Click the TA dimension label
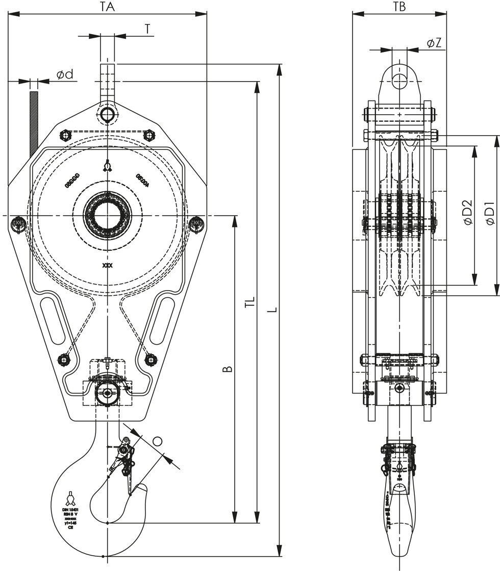pos(107,7)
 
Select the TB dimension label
pos(399,7)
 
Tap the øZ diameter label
pos(434,43)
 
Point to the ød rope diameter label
pos(65,74)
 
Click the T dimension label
pos(147,29)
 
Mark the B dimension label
pos(228,368)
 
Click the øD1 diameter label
pos(490,214)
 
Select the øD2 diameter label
pos(467,214)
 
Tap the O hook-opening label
pos(158,442)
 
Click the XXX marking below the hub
pos(107,266)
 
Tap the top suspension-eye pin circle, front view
pos(107,114)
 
